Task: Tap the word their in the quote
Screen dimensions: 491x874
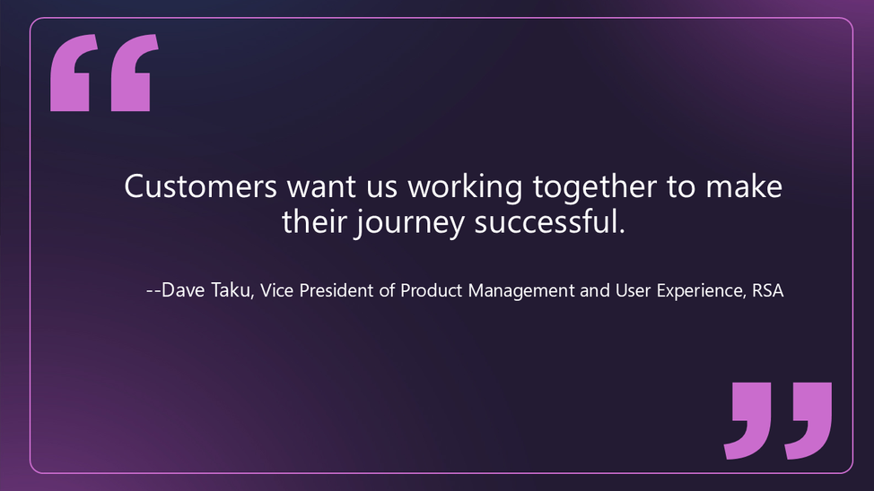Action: coord(313,221)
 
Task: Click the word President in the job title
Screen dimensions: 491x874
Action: coord(335,291)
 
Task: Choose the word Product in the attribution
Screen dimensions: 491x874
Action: coord(428,291)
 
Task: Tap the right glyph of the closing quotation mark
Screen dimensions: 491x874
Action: coord(810,419)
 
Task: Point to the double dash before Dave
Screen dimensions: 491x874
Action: coord(153,292)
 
